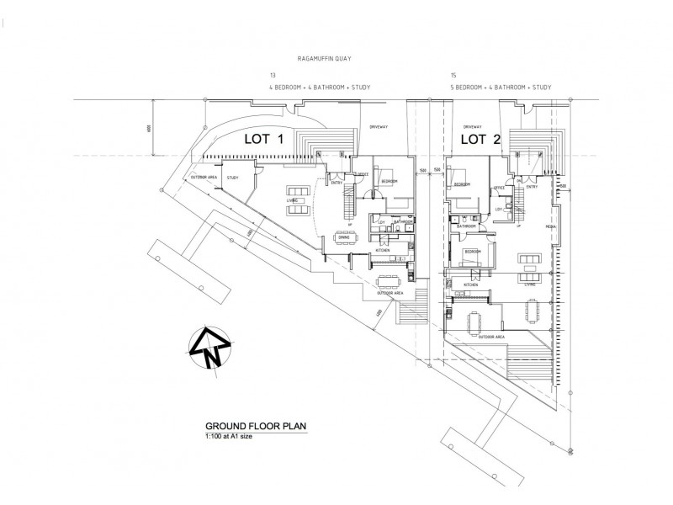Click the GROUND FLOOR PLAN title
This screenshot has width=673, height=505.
coord(247,426)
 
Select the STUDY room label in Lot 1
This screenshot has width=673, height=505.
coord(232,178)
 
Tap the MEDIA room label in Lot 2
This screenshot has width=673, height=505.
coord(550,226)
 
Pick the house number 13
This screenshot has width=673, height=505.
coord(271,76)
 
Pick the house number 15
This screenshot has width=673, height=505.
coord(453,76)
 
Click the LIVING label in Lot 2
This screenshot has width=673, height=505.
coord(531,285)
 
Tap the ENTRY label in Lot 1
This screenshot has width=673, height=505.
coord(336,183)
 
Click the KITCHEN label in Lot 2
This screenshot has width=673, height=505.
coord(470,284)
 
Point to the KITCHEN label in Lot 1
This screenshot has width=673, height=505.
coord(382,251)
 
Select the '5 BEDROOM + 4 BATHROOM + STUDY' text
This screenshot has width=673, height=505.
coord(502,87)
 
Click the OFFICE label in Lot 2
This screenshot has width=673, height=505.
coord(499,187)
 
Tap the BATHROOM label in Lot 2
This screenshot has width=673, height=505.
coord(467,226)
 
